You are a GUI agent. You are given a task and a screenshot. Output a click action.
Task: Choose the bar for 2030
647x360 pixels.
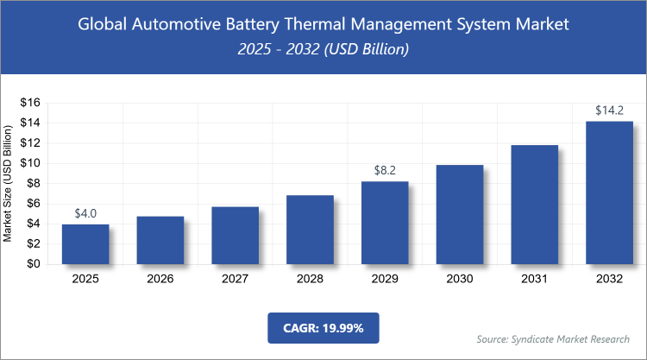click(459, 215)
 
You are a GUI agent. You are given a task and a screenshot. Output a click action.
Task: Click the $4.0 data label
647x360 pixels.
click(85, 213)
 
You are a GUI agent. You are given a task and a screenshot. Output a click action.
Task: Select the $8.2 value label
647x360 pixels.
click(385, 170)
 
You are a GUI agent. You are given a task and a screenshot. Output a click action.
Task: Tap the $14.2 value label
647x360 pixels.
click(609, 111)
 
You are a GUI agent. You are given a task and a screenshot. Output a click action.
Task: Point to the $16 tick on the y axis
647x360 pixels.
click(30, 103)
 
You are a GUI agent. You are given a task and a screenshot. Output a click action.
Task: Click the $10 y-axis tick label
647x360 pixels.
click(30, 163)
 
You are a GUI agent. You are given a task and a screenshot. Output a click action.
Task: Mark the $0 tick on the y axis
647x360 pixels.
click(34, 264)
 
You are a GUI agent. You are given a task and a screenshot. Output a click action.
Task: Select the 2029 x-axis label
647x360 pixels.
click(385, 279)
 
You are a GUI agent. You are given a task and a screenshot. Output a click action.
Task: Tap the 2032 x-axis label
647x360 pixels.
click(609, 279)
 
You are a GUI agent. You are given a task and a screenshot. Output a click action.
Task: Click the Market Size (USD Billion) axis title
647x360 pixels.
click(9, 183)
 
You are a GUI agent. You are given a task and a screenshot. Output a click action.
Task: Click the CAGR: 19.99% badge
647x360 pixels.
click(323, 328)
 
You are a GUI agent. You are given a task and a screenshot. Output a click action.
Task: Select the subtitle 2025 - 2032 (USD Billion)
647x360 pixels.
click(323, 50)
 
